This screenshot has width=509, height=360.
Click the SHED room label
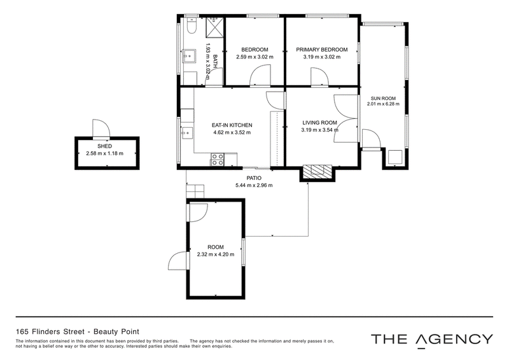coord(104,146)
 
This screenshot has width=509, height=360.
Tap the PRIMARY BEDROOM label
coord(322,50)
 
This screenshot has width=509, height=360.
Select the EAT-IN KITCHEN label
coord(232,125)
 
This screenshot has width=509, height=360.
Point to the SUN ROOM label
coord(383,99)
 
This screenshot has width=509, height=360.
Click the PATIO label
coord(254,178)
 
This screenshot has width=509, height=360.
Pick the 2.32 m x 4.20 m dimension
coord(216,254)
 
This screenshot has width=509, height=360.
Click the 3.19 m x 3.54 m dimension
coord(320,130)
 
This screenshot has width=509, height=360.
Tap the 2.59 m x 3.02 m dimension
coord(254,57)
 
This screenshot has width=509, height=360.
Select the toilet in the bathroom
coord(192,26)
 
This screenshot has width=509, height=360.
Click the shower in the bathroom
coord(215,27)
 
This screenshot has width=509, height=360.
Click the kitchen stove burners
coord(218,160)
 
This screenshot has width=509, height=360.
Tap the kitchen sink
coord(186,133)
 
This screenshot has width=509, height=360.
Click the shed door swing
coord(101,128)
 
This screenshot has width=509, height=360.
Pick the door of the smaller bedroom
coord(260,75)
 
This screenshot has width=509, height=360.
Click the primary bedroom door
coord(320,77)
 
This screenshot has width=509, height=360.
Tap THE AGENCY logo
coord(432,340)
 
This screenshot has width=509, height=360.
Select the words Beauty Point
coord(116,332)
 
